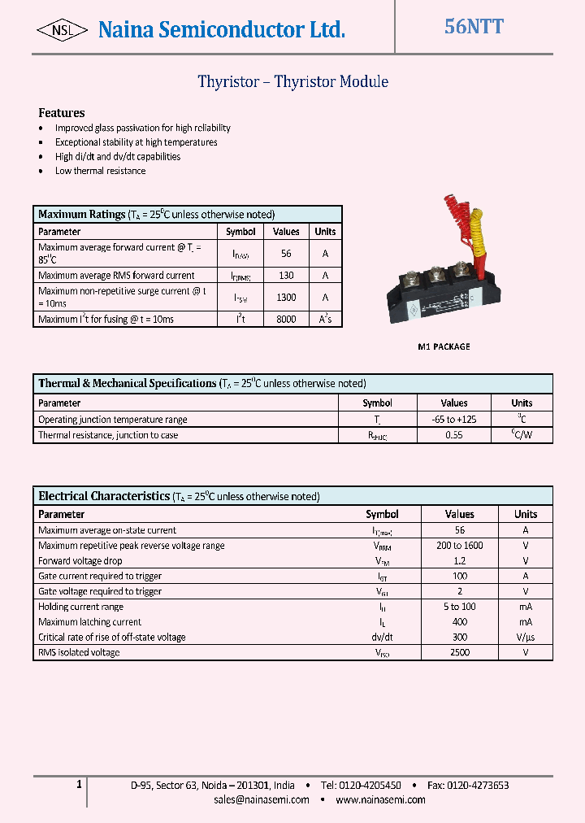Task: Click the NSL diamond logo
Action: click(x=62, y=30)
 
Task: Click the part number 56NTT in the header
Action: click(x=474, y=27)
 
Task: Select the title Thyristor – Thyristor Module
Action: click(x=292, y=82)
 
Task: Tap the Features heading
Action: click(x=62, y=113)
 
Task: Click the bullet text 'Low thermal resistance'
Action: click(x=101, y=171)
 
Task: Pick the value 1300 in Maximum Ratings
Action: click(x=286, y=298)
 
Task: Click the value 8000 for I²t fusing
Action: click(x=286, y=320)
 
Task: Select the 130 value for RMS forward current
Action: click(x=286, y=276)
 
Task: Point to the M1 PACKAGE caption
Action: click(x=444, y=346)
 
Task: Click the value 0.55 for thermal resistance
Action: click(x=454, y=435)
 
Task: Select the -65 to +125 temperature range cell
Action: click(x=454, y=420)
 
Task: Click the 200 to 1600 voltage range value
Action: click(x=459, y=546)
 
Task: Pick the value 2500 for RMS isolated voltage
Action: click(x=459, y=652)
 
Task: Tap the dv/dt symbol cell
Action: click(x=382, y=638)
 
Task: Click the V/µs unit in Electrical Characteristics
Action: click(x=526, y=638)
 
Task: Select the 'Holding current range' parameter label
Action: click(x=80, y=607)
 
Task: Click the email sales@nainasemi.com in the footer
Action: click(x=262, y=799)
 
